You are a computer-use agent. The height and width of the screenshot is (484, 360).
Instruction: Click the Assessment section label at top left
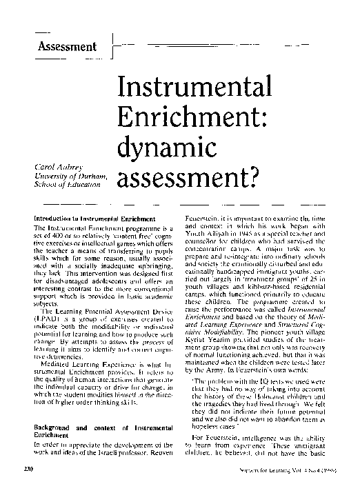(67, 47)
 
